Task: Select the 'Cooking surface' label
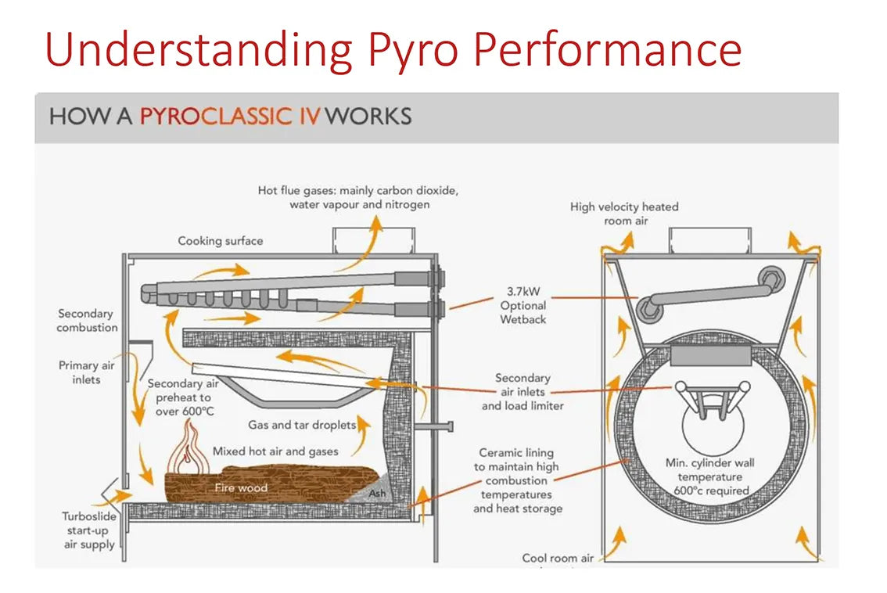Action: click(221, 241)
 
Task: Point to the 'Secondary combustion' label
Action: click(87, 321)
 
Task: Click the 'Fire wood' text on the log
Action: click(241, 488)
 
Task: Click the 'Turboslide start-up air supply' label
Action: click(89, 530)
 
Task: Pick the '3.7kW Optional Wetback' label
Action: click(523, 305)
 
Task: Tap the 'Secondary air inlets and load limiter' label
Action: click(523, 392)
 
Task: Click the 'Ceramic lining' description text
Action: click(517, 480)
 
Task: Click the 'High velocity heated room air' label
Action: click(624, 214)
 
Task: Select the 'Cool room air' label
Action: click(558, 558)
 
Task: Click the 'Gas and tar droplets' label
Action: click(302, 425)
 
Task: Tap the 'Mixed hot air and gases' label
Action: click(275, 451)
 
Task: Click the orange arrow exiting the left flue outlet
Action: click(376, 228)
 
